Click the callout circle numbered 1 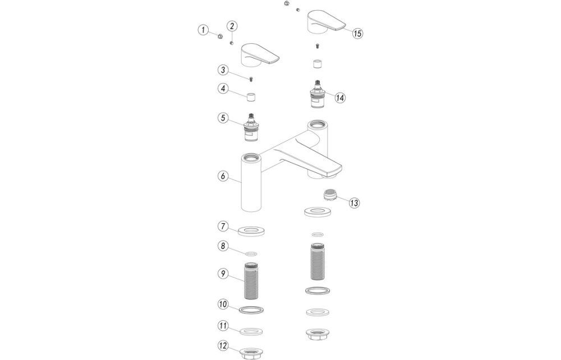(203, 30)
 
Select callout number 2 (232, 25)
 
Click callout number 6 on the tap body (223, 176)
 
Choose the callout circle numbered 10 (223, 304)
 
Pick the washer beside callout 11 (251, 331)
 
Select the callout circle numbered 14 (340, 97)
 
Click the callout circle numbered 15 (357, 33)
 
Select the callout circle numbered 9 (223, 273)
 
